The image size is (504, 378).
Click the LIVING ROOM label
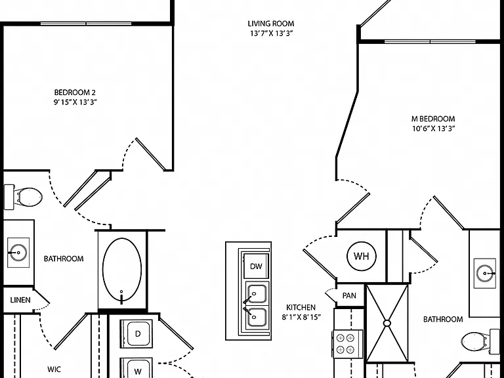[x=270, y=24]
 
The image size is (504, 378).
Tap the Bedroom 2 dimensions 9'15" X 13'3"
[x=75, y=102]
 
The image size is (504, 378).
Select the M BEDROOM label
[x=433, y=119]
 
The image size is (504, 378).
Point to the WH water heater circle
[x=362, y=256]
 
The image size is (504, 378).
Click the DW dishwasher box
[x=256, y=266]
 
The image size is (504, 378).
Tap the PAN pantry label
[x=349, y=295]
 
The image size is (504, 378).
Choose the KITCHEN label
[x=301, y=307]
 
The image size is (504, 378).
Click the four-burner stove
[x=346, y=344]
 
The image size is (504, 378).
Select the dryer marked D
[x=136, y=333]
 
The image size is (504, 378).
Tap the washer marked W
[x=136, y=368]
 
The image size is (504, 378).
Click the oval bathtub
[x=122, y=270]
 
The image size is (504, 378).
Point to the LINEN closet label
[x=20, y=300]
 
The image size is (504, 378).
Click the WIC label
[x=54, y=369]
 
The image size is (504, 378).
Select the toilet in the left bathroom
[x=22, y=197]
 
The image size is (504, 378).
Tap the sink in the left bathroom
[x=18, y=252]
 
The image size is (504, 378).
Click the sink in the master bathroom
[x=485, y=273]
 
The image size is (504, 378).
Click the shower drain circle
[x=387, y=323]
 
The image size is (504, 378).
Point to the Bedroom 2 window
[x=86, y=24]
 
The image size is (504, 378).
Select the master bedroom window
[x=430, y=41]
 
